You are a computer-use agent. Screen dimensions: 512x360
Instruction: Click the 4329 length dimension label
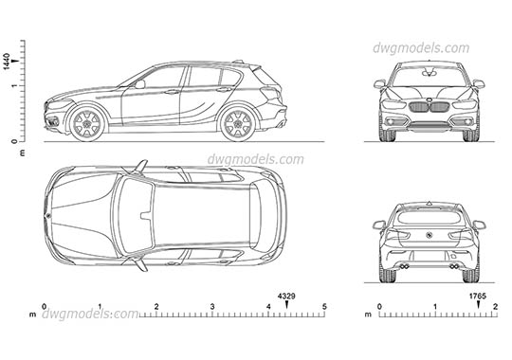pos(286,297)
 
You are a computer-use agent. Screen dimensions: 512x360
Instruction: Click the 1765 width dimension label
pos(478,297)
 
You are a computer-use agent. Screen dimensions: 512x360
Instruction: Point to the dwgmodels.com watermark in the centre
pos(243,159)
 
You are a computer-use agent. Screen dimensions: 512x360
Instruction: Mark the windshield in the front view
pos(430,76)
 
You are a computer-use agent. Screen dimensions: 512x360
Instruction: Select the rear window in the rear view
pos(430,217)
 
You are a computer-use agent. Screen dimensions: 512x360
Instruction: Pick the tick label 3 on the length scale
pos(213,307)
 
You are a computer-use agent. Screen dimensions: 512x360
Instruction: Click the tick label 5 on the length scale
pos(324,307)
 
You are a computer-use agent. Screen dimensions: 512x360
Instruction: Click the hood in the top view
pos(81,212)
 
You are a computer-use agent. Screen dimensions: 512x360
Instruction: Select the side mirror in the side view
pos(138,84)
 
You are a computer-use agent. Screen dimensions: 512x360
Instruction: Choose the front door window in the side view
pos(162,78)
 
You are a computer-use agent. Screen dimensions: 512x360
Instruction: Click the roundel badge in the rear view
pos(430,234)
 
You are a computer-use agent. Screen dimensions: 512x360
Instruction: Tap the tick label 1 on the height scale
pos(13,86)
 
